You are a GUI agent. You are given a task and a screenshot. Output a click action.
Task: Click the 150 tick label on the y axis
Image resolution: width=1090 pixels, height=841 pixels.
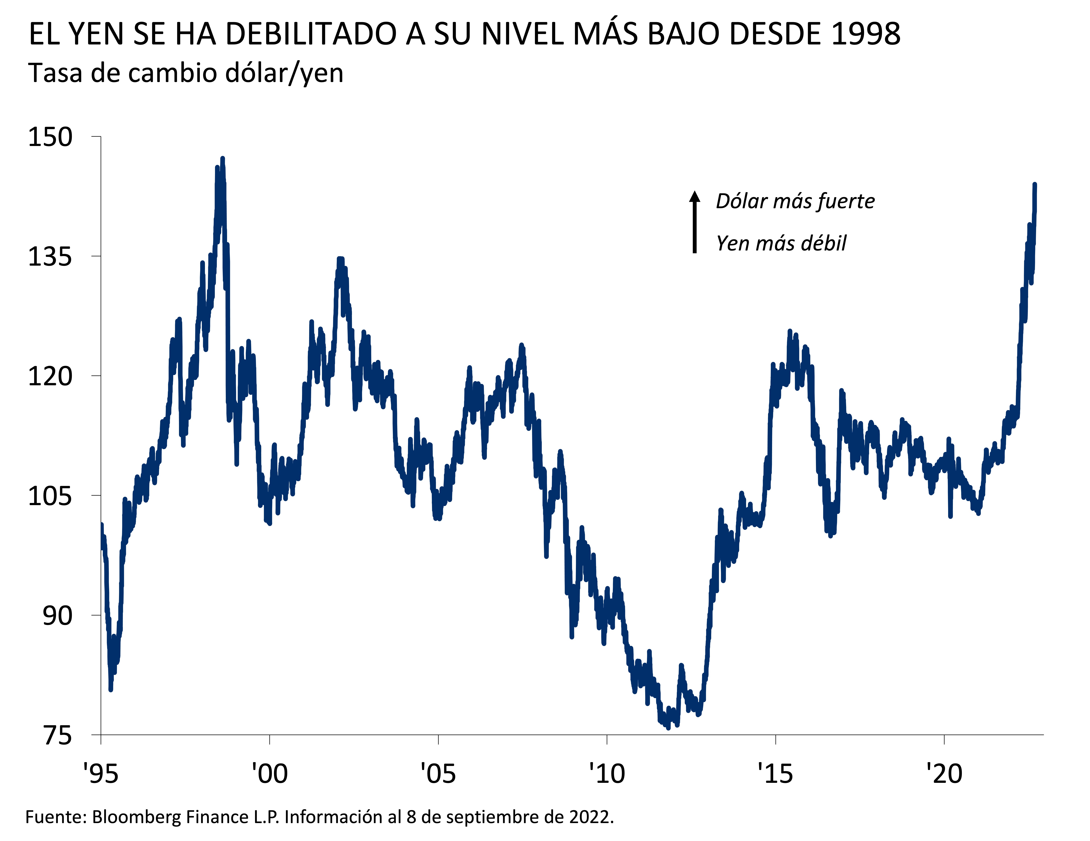[50, 137]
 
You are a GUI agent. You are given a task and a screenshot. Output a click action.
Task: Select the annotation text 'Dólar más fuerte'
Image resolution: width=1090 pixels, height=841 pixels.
[795, 201]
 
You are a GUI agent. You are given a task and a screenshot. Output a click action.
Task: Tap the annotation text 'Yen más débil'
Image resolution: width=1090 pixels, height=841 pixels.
[781, 243]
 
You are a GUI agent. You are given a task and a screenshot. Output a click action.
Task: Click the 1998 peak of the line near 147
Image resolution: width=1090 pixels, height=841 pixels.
[223, 159]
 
